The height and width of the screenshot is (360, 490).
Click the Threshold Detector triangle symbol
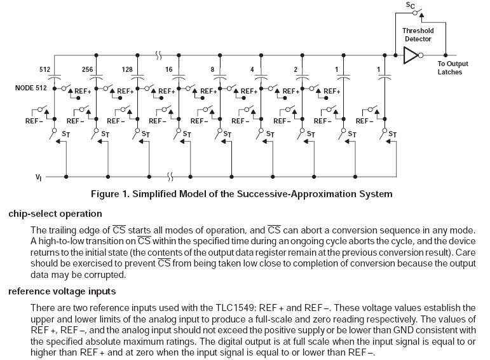click(x=412, y=55)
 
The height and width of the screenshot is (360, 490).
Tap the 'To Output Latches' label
click(x=453, y=67)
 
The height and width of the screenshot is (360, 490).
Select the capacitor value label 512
click(x=44, y=69)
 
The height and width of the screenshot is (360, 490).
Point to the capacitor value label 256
click(x=88, y=69)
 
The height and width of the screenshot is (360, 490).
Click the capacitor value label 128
click(x=127, y=69)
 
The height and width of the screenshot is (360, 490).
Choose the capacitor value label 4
click(x=253, y=69)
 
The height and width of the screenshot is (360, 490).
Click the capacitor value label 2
click(x=295, y=69)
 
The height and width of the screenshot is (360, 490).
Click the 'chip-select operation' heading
click(x=55, y=214)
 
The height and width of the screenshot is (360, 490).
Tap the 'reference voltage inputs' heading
click(x=62, y=291)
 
